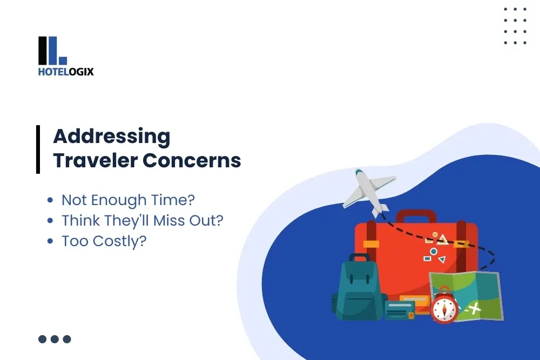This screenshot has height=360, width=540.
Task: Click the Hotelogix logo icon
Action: (52, 50)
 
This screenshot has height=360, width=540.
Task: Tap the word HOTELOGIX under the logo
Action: (66, 71)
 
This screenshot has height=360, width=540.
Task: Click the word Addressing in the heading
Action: (111, 136)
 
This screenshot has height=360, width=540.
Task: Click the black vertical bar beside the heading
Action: (38, 149)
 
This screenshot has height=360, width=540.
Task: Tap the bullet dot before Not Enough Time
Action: (50, 200)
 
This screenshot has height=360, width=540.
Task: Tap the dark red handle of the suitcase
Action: (416, 215)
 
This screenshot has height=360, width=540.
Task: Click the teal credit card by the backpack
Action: (400, 310)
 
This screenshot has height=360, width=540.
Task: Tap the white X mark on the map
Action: (475, 309)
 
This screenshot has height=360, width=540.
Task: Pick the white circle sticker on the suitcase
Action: (433, 252)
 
